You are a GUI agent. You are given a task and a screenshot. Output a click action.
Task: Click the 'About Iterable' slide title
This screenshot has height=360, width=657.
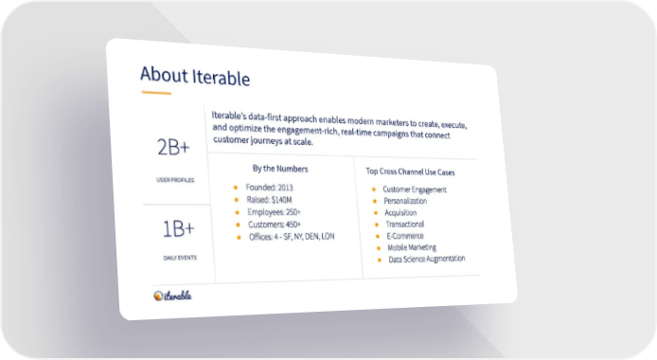[x=195, y=76]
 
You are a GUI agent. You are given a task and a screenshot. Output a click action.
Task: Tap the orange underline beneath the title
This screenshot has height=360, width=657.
[x=156, y=93]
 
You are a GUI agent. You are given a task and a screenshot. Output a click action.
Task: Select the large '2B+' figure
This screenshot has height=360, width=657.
[x=173, y=147]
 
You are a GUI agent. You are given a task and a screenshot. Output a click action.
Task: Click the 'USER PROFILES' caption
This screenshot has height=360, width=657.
[x=175, y=180]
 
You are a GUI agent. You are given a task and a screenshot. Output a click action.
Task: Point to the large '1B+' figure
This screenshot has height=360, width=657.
[x=179, y=229]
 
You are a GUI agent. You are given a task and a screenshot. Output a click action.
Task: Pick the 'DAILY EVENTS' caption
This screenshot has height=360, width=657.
[x=180, y=258]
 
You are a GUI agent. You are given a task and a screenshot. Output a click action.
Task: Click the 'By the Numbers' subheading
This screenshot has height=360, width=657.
[x=280, y=169]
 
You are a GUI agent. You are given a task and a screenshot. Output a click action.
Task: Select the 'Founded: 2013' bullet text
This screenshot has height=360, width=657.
[x=270, y=188]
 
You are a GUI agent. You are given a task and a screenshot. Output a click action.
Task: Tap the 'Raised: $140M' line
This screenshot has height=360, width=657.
[x=270, y=200]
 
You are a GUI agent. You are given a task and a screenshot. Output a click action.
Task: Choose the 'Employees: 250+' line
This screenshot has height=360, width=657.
[x=274, y=212]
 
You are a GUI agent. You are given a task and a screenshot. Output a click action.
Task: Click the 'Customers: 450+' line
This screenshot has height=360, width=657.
[x=275, y=225]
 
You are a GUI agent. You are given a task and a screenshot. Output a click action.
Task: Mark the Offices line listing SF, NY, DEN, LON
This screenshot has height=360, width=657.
[x=292, y=236]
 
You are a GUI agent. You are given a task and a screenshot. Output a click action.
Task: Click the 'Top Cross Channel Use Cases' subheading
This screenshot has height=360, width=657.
[x=410, y=171]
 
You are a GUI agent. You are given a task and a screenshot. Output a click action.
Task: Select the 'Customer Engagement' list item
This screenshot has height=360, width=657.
[x=415, y=189]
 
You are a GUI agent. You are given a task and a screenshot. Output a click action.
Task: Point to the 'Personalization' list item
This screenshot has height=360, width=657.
[x=405, y=201]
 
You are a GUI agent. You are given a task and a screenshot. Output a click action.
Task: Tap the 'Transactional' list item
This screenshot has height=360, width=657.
[x=405, y=225]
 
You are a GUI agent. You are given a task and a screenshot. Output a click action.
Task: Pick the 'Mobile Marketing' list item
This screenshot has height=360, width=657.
[x=412, y=247]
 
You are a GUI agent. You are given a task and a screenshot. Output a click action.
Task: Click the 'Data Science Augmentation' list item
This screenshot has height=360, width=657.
[x=427, y=259]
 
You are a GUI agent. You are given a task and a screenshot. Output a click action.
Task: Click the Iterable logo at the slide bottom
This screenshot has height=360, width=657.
[x=172, y=296]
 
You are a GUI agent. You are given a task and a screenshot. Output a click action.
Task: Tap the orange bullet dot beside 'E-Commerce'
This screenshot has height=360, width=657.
[x=378, y=236]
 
